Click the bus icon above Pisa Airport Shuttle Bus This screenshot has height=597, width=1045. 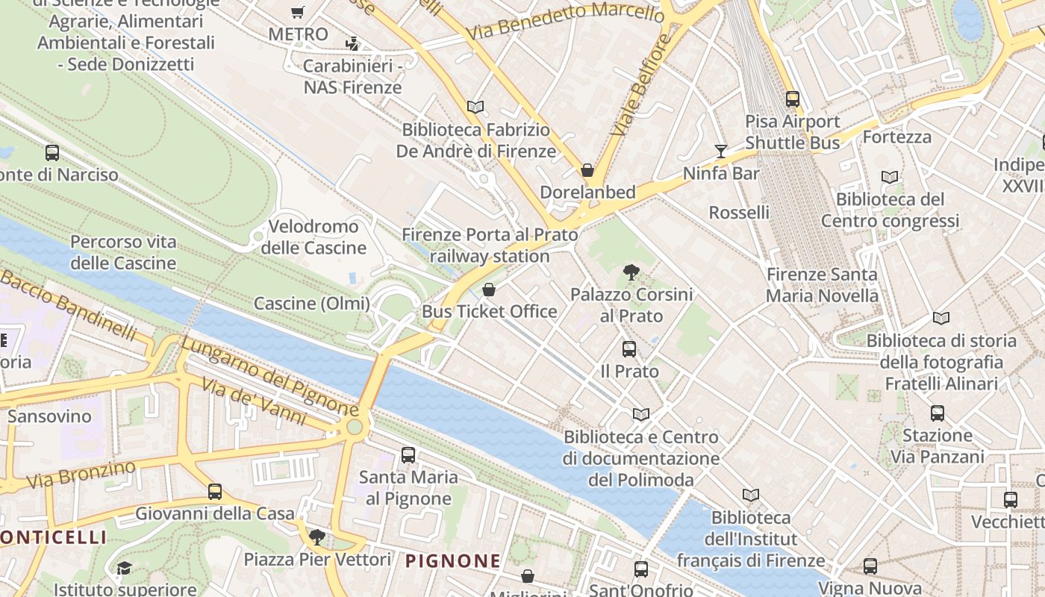click(x=792, y=99)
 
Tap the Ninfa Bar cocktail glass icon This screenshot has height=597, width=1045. click(x=720, y=151)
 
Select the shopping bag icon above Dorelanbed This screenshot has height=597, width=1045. click(x=587, y=170)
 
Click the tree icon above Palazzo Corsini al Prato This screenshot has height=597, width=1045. click(x=631, y=272)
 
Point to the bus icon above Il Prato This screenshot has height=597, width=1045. click(x=629, y=348)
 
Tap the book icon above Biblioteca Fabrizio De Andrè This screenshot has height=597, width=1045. click(x=475, y=107)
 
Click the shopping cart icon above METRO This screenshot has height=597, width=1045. click(x=298, y=12)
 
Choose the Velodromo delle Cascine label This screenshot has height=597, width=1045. click(x=313, y=237)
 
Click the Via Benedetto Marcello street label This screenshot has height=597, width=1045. click(x=565, y=22)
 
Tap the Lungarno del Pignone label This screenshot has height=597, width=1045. click(x=269, y=376)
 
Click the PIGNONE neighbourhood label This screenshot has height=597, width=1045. click(x=453, y=561)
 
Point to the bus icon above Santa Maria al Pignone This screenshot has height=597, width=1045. click(x=408, y=454)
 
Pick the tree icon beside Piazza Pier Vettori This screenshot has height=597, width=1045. click(x=317, y=537)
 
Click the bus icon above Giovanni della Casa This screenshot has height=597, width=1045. click(x=215, y=491)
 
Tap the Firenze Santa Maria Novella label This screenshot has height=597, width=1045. click(x=822, y=285)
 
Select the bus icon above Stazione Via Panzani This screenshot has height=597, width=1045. click(x=937, y=413)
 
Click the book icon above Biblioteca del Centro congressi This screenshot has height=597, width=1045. click(x=889, y=178)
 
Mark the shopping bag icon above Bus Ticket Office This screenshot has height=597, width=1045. click(x=489, y=290)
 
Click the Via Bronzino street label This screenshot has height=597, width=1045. click(x=82, y=475)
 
